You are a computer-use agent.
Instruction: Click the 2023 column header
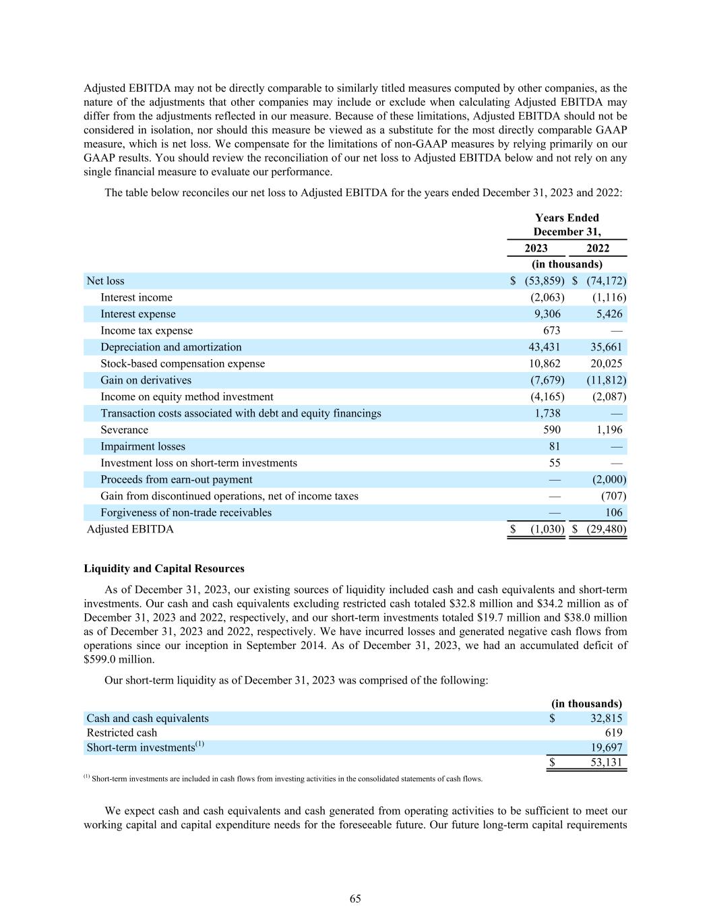536,248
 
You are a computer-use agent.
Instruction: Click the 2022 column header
598,248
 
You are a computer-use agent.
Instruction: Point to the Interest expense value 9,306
547,314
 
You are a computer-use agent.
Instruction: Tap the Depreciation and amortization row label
171,347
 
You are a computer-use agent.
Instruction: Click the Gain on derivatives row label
146,380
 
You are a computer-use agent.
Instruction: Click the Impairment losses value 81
553,446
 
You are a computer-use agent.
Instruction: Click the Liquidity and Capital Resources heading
164,569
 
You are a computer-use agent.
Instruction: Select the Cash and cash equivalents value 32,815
605,718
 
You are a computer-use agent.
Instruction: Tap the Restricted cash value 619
613,733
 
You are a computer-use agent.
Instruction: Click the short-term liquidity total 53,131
605,763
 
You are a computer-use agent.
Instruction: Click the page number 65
355,898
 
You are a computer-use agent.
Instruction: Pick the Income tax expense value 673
551,331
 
